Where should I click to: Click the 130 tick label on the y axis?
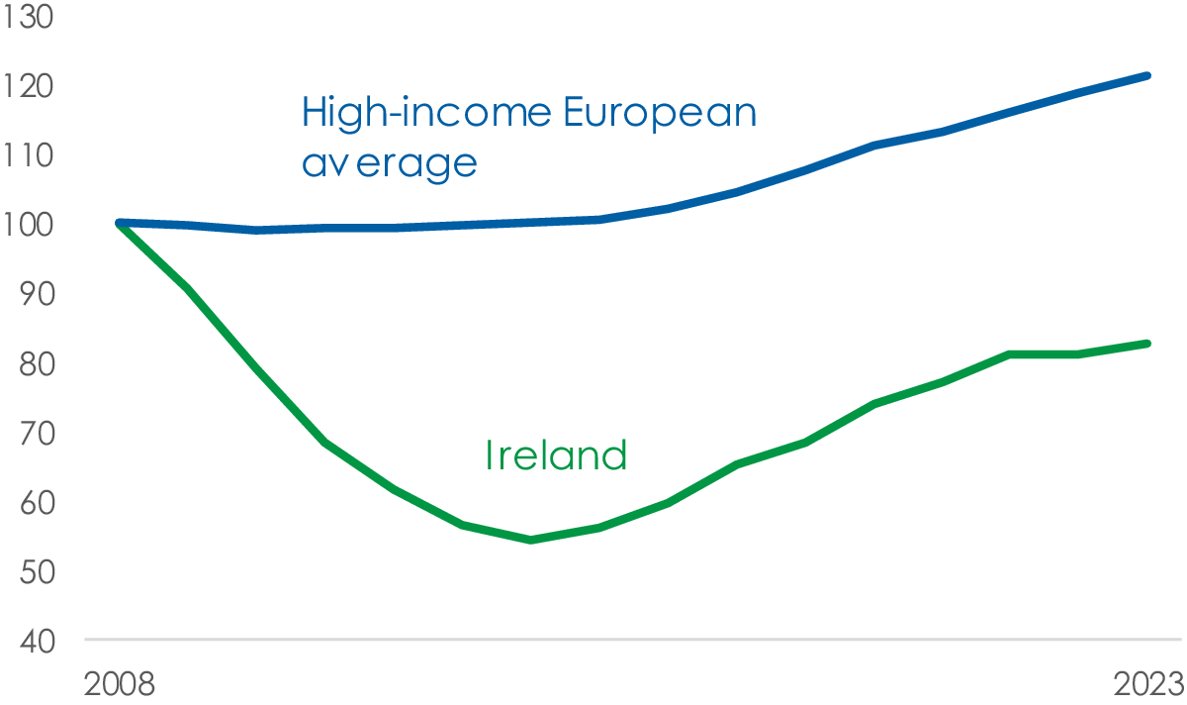[28, 17]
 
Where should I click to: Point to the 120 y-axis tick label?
[28, 86]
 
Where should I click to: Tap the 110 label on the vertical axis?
[28, 156]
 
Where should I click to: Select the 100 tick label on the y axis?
[28, 225]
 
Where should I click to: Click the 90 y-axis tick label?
[38, 294]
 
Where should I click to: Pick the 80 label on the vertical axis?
[38, 364]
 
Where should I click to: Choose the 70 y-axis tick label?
[38, 434]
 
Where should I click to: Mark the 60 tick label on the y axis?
[38, 503]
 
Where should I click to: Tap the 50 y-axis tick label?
[38, 572]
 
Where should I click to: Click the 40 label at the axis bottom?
[38, 642]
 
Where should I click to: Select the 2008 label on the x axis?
[120, 684]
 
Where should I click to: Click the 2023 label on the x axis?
[1148, 684]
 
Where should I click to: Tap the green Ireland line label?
[556, 455]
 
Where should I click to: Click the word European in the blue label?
[660, 113]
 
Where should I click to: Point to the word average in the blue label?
[390, 164]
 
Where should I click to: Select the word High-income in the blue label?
[427, 113]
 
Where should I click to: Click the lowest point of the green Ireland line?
[531, 540]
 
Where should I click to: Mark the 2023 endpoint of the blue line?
[1147, 76]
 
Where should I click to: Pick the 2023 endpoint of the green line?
[1147, 344]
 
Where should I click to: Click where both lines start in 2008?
[120, 224]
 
